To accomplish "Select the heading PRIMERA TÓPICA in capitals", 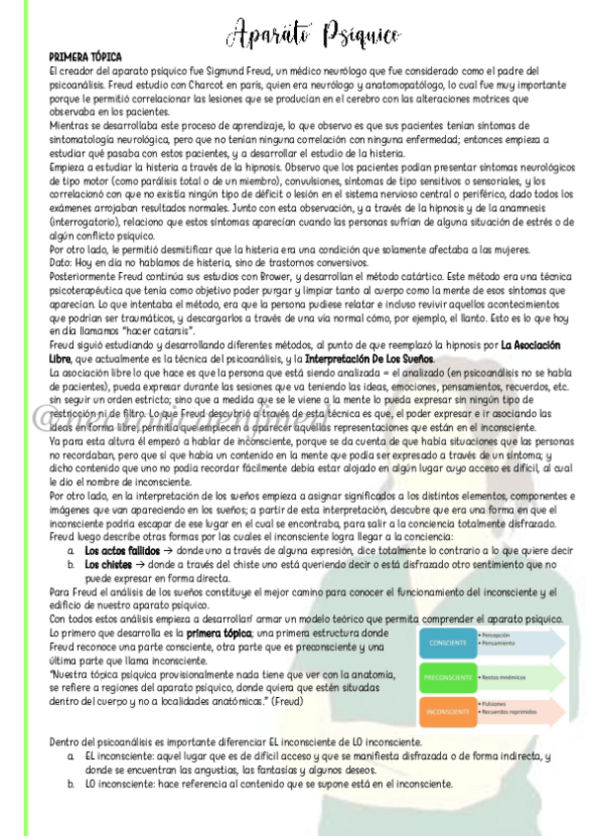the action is (86, 58).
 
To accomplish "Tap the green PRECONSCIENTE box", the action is (449, 677).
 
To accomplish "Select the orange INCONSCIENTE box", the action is (449, 710).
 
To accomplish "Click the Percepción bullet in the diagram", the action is (503, 636).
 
